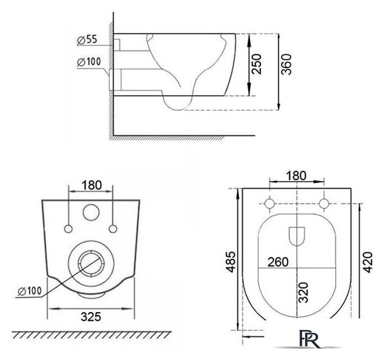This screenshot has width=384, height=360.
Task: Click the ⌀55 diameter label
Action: pyautogui.click(x=87, y=40)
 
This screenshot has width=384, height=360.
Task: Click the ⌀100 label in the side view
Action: pyautogui.click(x=89, y=62)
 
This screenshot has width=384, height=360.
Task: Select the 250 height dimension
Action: pyautogui.click(x=256, y=64)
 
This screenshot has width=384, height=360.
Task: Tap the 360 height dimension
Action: pyautogui.click(x=286, y=64)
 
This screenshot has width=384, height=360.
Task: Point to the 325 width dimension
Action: pyautogui.click(x=91, y=317)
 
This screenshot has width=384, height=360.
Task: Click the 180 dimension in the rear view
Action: pyautogui.click(x=91, y=185)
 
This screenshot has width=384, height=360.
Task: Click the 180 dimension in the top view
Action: pyautogui.click(x=296, y=175)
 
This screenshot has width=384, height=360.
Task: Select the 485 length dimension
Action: pyautogui.click(x=231, y=262)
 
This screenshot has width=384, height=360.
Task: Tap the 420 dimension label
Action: pyautogui.click(x=368, y=262)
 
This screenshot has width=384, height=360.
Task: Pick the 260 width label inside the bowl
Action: pyautogui.click(x=278, y=262)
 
